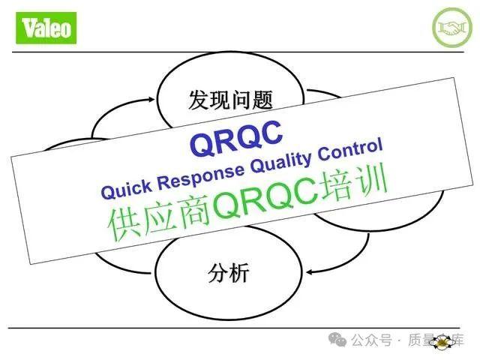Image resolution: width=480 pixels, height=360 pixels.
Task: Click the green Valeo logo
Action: click(46, 28)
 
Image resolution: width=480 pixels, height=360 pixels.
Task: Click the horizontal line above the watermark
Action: click(240, 328)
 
